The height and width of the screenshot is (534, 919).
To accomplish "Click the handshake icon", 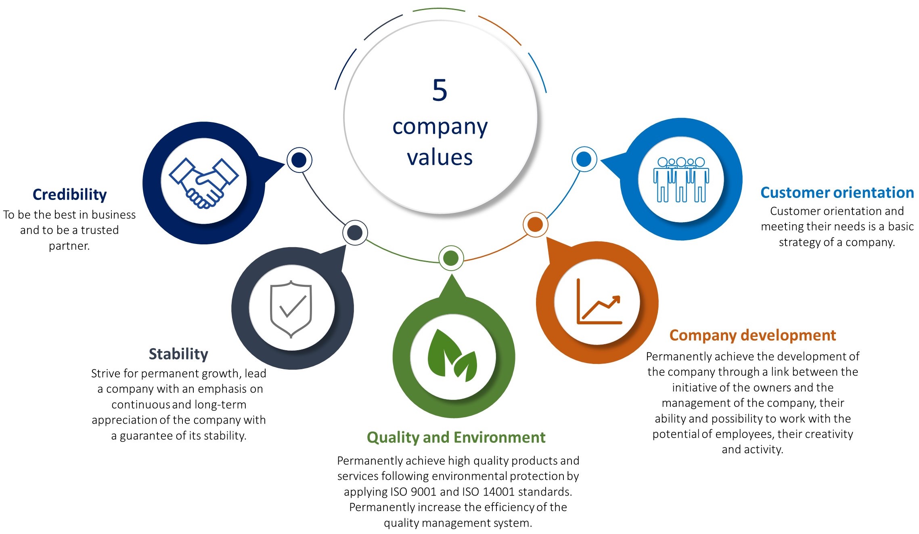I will pos(204,183).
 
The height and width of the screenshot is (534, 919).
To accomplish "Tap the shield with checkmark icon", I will pos(291,309).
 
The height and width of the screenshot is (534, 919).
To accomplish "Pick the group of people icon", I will pos(681,179).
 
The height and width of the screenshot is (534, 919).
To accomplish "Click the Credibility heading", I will pos(69,194).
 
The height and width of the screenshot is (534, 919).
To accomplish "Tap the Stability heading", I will pos(178,354).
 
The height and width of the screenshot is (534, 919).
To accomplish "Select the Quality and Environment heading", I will pos(456,437).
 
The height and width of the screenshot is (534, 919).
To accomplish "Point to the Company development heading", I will pos(752,335).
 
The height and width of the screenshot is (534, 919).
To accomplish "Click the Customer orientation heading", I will pos(837,193).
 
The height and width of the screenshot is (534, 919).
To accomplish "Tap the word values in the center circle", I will pos(440,157).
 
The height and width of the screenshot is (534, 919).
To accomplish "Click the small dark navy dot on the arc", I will pos(299,160).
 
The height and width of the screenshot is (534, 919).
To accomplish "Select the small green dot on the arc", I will pos(451,258).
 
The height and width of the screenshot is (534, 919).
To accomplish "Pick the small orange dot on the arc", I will pos(535,224).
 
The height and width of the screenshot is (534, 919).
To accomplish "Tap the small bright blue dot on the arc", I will pos(584,159).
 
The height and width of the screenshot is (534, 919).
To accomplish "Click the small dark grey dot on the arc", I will pos(355,233).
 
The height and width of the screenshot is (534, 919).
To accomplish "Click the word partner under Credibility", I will pos(69,246).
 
